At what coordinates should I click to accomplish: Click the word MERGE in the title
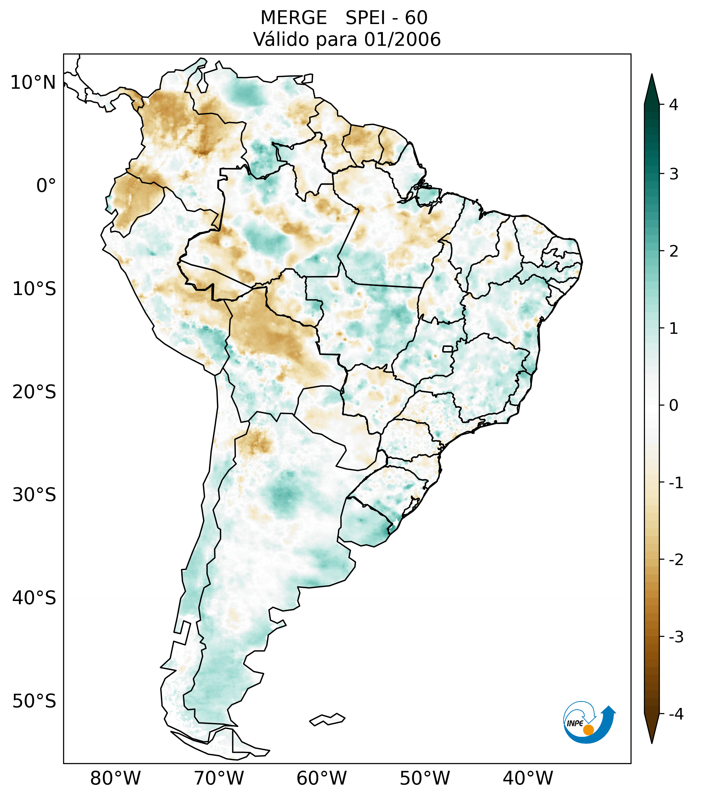293,18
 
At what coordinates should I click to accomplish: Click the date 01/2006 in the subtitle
402,39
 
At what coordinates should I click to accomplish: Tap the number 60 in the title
416,18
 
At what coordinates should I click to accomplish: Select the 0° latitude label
46,186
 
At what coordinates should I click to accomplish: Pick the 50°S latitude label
34,701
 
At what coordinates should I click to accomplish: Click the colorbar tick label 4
673,105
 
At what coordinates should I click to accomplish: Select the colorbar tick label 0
673,406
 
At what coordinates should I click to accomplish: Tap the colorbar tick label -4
676,714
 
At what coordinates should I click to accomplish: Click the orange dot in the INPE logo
588,730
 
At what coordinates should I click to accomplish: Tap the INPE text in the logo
575,723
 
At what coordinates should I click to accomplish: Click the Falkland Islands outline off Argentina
327,719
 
